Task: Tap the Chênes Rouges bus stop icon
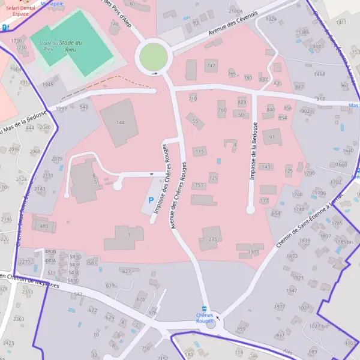[205, 308]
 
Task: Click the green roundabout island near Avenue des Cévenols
[153, 57]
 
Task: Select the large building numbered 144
[119, 122]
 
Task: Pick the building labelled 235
[211, 238]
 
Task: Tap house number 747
[210, 65]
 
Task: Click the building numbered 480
[44, 226]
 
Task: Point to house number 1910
[253, 251]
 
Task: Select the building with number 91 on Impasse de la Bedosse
[271, 137]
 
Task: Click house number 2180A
[235, 11]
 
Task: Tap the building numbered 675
[140, 299]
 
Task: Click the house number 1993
[61, 109]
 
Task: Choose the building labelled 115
[200, 151]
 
